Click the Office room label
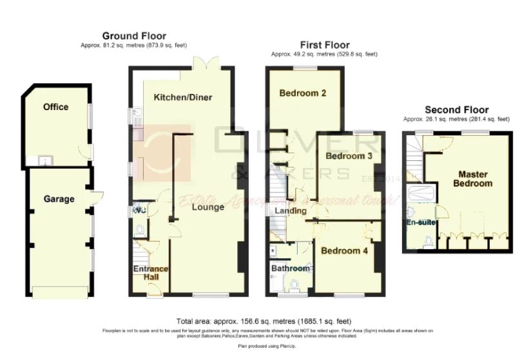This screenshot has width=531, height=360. pyautogui.click(x=55, y=107)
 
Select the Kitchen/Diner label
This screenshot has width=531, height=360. pyautogui.click(x=183, y=97)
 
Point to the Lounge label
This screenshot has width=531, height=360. pyautogui.click(x=208, y=207)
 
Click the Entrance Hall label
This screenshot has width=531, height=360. pyautogui.click(x=150, y=273)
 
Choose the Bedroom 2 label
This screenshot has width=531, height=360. pyautogui.click(x=302, y=93)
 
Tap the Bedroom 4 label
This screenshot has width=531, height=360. pyautogui.click(x=345, y=251)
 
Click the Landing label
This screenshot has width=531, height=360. pyautogui.click(x=291, y=211)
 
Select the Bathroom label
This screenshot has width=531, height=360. pyautogui.click(x=291, y=268)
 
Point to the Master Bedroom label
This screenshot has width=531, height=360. pyautogui.click(x=476, y=178)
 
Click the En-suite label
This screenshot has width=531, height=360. pyautogui.click(x=423, y=223)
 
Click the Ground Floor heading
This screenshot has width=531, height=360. pyautogui.click(x=134, y=36)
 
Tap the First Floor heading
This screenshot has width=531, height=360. pyautogui.click(x=325, y=45)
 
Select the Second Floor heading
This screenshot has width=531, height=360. pyautogui.click(x=456, y=110)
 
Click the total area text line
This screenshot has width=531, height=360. pyautogui.click(x=264, y=321)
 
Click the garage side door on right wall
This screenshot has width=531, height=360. pyautogui.click(x=97, y=196)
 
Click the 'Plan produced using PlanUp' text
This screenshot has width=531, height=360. pyautogui.click(x=264, y=346)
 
